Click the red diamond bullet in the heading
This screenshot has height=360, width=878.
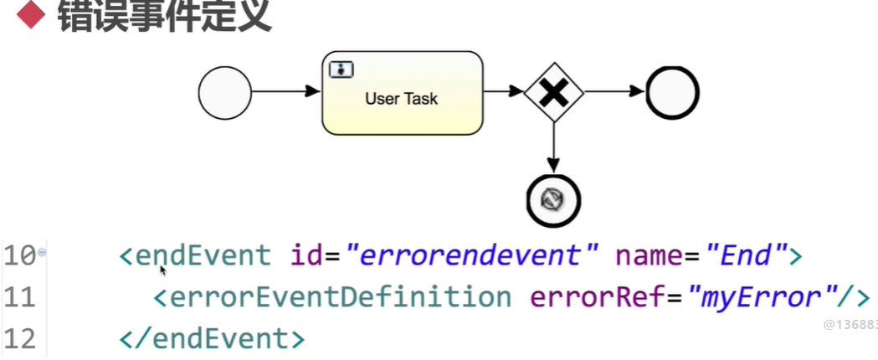31,15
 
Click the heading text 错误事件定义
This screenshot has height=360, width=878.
164,15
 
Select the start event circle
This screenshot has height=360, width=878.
225,92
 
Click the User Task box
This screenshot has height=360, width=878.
403,93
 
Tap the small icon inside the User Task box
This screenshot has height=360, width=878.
340,69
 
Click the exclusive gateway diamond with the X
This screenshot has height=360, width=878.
553,93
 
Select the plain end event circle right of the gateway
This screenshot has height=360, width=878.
672,93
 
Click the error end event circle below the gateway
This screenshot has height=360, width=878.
553,198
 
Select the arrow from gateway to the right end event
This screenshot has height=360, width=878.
614,93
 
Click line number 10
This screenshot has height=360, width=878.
19,255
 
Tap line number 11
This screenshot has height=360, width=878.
19,296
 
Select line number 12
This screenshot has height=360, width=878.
19,338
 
